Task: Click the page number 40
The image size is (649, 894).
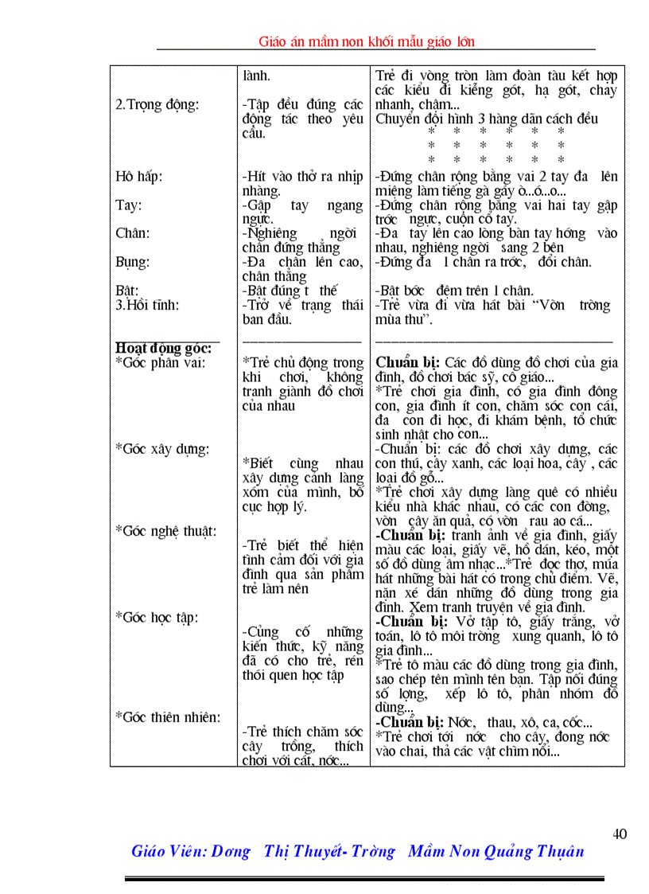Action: [x=620, y=834]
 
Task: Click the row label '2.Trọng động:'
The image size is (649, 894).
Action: [x=157, y=105]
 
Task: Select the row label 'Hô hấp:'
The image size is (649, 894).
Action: [x=138, y=177]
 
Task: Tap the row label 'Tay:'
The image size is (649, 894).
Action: [x=128, y=205]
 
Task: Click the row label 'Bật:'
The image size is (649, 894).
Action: [x=127, y=291]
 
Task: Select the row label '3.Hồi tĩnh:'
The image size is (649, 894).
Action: [x=147, y=306]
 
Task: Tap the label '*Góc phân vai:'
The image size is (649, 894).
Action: [x=160, y=363]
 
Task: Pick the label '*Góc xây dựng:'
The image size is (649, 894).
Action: [x=162, y=449]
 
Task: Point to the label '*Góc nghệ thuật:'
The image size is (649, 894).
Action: [x=166, y=531]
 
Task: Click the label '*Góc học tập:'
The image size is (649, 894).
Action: [x=157, y=617]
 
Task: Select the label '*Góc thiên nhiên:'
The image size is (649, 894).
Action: [x=168, y=717]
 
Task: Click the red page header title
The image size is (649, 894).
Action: [x=367, y=41]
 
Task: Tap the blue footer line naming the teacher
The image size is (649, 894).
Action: [x=357, y=851]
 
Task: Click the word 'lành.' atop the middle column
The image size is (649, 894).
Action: [x=256, y=77]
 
